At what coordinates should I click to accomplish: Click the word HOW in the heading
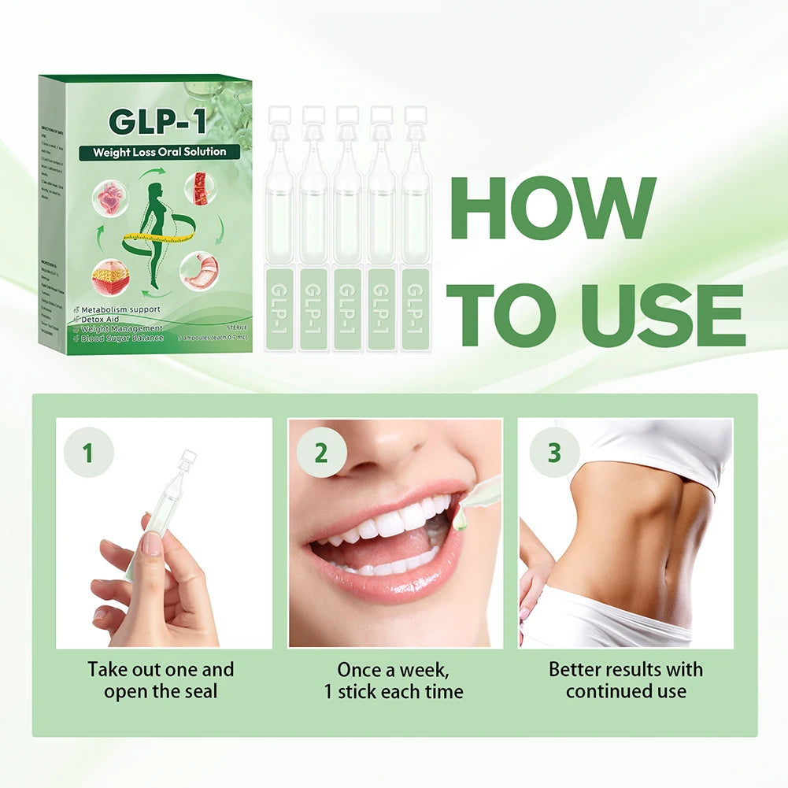click(556, 210)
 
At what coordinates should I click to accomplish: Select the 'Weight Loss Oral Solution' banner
click(158, 151)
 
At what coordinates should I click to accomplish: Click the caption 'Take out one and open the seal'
click(161, 681)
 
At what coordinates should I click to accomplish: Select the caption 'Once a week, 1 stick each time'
click(394, 681)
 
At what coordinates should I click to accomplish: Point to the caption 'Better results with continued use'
click(626, 681)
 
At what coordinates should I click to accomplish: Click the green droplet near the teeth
click(461, 520)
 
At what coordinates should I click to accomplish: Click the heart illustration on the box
click(110, 196)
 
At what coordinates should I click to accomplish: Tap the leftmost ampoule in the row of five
click(279, 228)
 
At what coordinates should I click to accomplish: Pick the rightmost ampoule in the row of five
click(415, 228)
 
